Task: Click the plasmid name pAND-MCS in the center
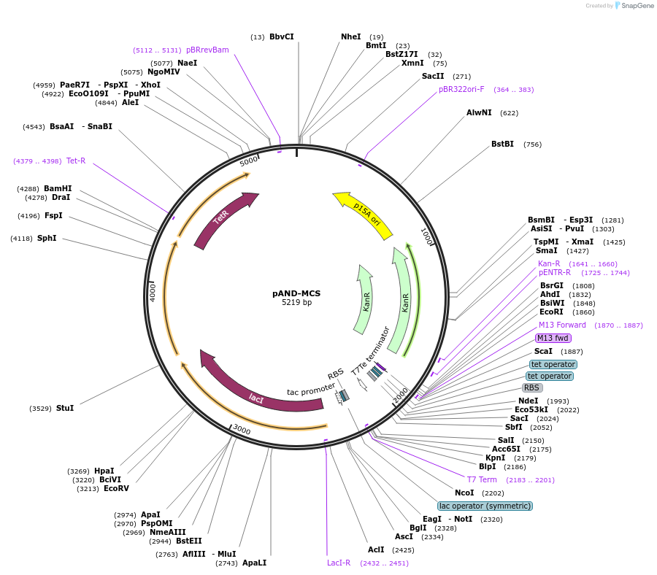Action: [296, 293]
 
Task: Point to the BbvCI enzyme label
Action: [281, 36]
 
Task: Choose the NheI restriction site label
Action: [350, 36]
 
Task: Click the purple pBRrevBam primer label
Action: [207, 50]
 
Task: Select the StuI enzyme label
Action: [65, 408]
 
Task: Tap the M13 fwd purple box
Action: [553, 338]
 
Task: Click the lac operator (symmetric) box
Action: [485, 506]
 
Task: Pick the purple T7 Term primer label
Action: [482, 479]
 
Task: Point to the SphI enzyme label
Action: [47, 238]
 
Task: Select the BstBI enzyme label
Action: [502, 144]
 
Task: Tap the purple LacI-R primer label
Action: [339, 563]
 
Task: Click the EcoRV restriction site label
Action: [116, 488]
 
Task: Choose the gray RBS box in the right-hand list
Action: [532, 387]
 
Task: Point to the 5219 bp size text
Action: [296, 303]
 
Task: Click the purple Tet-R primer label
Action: [76, 161]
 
